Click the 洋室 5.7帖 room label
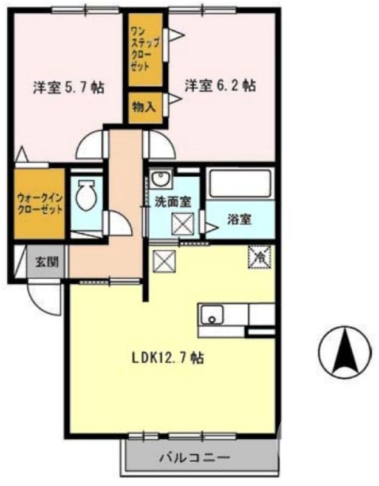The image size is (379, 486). (x=67, y=87)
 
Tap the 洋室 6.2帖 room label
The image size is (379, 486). (x=219, y=86)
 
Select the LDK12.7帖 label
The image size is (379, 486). (x=167, y=358)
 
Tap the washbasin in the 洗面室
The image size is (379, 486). (x=160, y=179)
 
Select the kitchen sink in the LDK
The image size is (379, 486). (x=213, y=315)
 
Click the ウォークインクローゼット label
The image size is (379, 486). (x=39, y=201)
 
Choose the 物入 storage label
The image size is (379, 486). (x=145, y=107)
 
